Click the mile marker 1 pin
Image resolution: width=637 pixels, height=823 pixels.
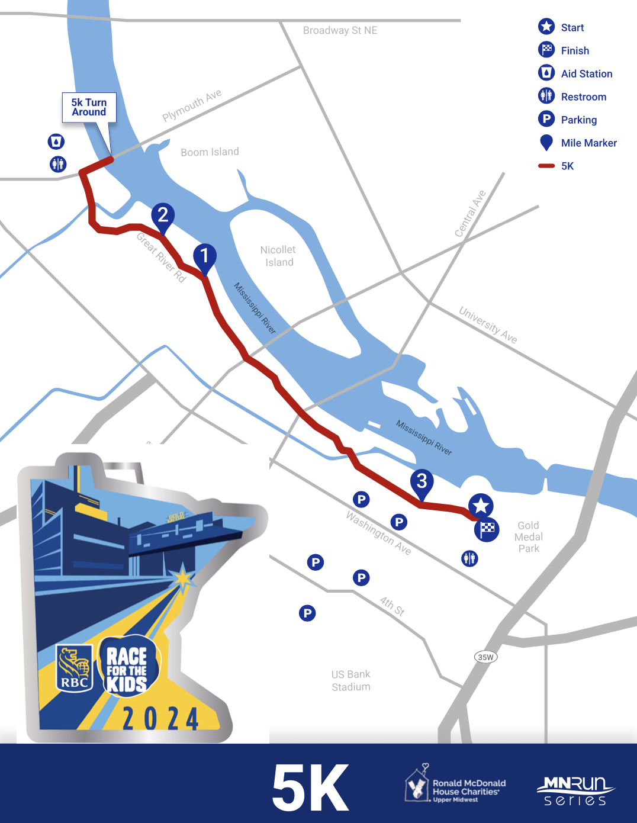[x=204, y=257]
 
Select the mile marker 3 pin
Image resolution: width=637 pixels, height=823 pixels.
[x=422, y=482]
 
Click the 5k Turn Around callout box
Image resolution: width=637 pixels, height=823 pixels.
[x=89, y=107]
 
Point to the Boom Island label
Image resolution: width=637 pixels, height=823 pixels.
[x=210, y=152]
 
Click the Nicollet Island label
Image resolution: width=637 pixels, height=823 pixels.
[x=278, y=256]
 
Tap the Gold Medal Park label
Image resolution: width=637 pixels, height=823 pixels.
[x=529, y=537]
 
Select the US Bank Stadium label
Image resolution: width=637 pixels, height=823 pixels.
[x=351, y=680]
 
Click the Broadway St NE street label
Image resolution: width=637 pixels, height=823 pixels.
[x=340, y=30]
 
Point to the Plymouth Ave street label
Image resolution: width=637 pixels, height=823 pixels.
[x=192, y=105]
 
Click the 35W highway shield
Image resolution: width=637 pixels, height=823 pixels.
[x=485, y=657]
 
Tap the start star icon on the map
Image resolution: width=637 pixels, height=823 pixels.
[x=481, y=506]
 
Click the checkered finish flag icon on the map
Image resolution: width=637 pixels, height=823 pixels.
[x=487, y=529]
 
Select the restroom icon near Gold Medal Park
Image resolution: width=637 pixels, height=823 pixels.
[x=469, y=558]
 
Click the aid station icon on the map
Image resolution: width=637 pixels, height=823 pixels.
[x=56, y=142]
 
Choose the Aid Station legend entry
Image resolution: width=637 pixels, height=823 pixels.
[x=575, y=73]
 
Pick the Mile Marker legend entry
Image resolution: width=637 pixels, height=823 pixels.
[x=577, y=143]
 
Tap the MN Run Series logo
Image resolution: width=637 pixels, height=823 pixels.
[x=575, y=790]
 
